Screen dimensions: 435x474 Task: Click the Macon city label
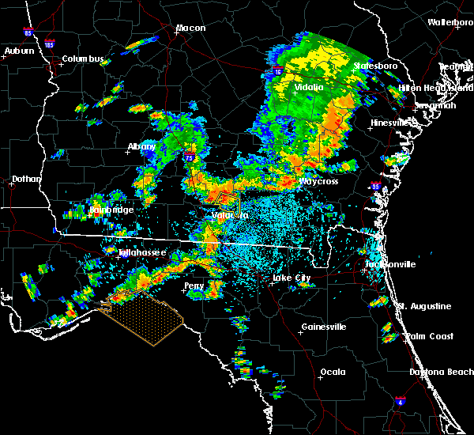[x=190, y=28]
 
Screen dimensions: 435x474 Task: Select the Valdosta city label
[x=230, y=215]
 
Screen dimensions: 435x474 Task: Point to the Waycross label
[x=318, y=182]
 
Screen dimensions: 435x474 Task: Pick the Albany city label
[x=142, y=147]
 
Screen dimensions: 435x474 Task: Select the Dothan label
[x=26, y=180]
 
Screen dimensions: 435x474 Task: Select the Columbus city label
[x=83, y=59]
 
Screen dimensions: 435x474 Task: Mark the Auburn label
[x=19, y=51]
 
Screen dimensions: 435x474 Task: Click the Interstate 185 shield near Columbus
[x=50, y=45]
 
